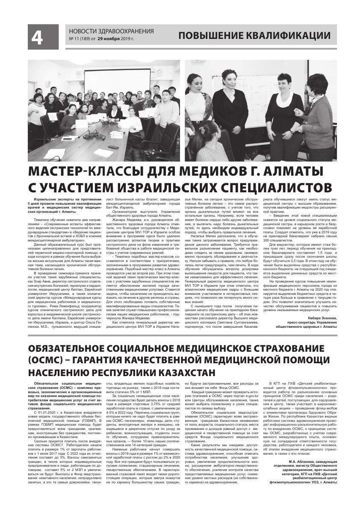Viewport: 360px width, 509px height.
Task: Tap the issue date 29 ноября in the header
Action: click(x=109, y=39)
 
